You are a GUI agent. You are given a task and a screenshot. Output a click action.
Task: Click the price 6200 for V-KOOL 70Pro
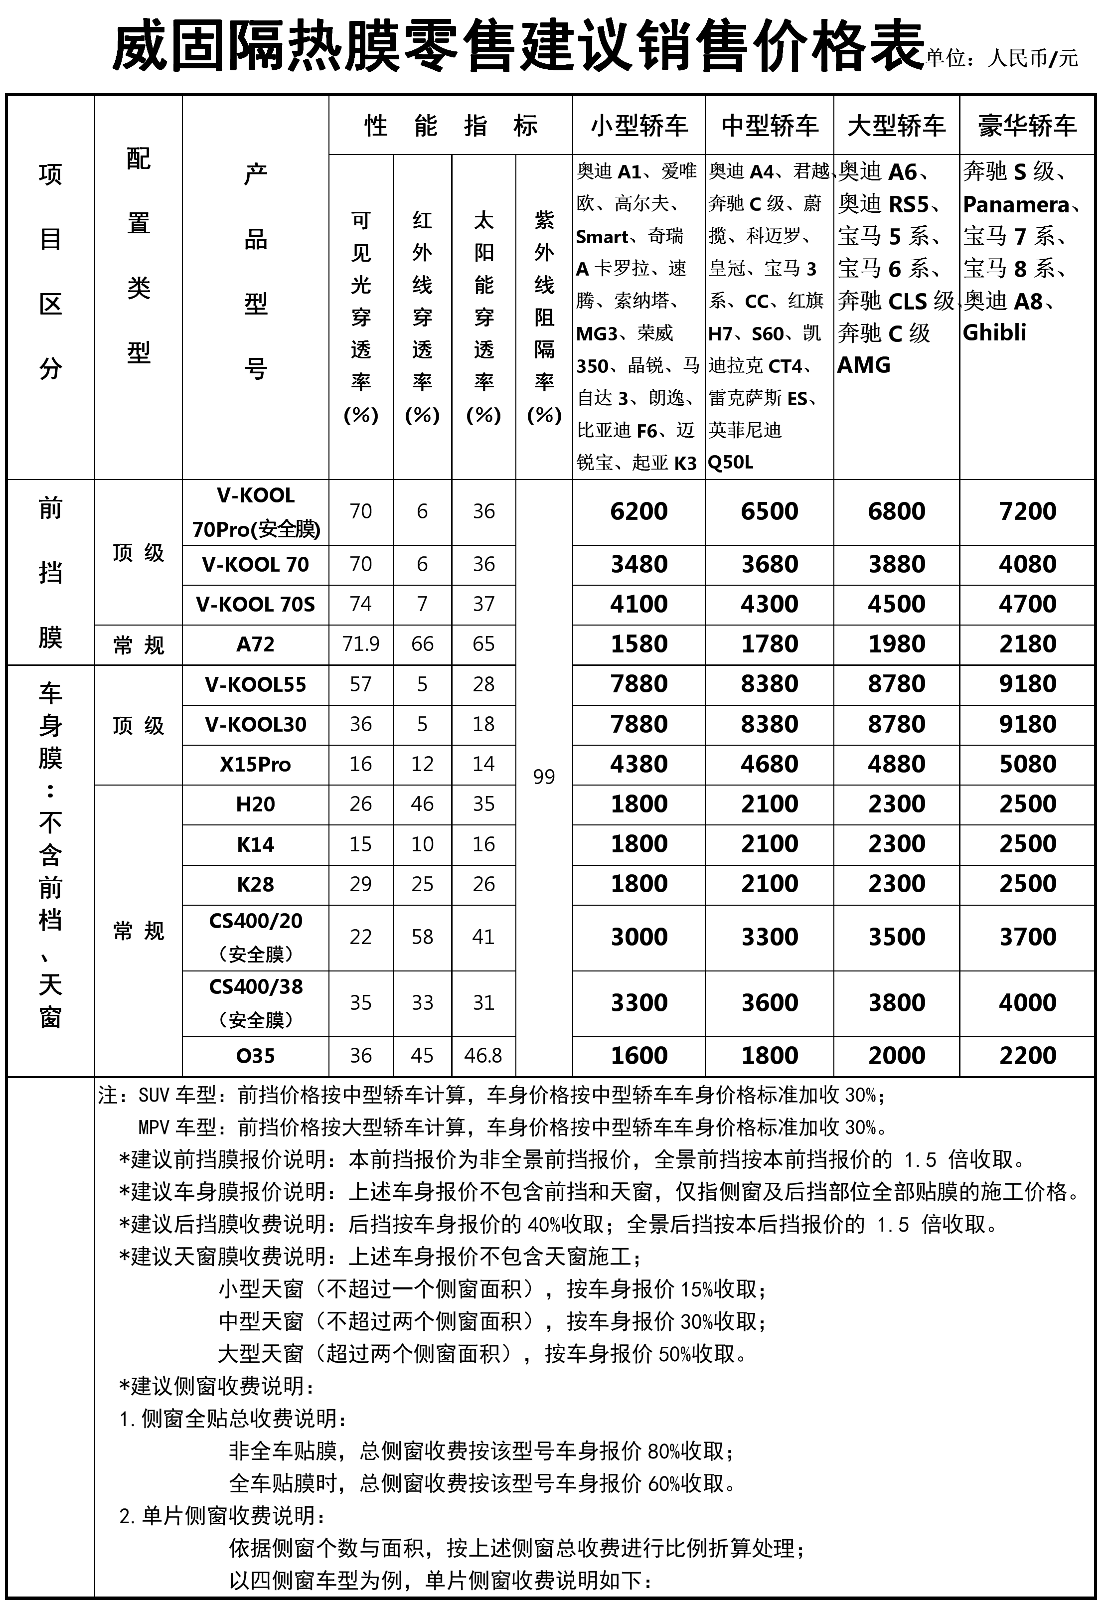(638, 511)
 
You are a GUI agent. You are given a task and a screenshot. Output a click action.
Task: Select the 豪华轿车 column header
(1027, 126)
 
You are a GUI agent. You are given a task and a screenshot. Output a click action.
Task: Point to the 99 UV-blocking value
(544, 777)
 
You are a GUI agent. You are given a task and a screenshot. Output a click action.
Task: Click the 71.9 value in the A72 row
(360, 644)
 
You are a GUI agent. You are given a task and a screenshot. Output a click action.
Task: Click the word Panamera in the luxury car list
(1016, 205)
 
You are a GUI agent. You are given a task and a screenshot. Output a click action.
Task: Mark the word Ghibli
(994, 333)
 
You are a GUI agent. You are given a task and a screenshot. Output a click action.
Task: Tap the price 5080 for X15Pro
(1027, 764)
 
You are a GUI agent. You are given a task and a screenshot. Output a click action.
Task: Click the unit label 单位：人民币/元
(1002, 58)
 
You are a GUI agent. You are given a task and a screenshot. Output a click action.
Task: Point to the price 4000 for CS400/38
(1027, 1003)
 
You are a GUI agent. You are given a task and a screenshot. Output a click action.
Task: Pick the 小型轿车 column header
(638, 126)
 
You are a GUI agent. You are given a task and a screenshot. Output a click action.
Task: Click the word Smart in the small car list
(602, 237)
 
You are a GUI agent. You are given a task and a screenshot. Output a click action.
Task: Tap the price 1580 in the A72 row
(638, 644)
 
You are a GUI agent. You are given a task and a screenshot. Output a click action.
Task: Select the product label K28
(256, 884)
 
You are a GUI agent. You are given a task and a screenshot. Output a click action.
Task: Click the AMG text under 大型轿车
(864, 365)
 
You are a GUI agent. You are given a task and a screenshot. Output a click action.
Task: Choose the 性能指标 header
(451, 126)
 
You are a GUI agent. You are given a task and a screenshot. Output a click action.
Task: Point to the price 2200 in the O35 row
(1027, 1056)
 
